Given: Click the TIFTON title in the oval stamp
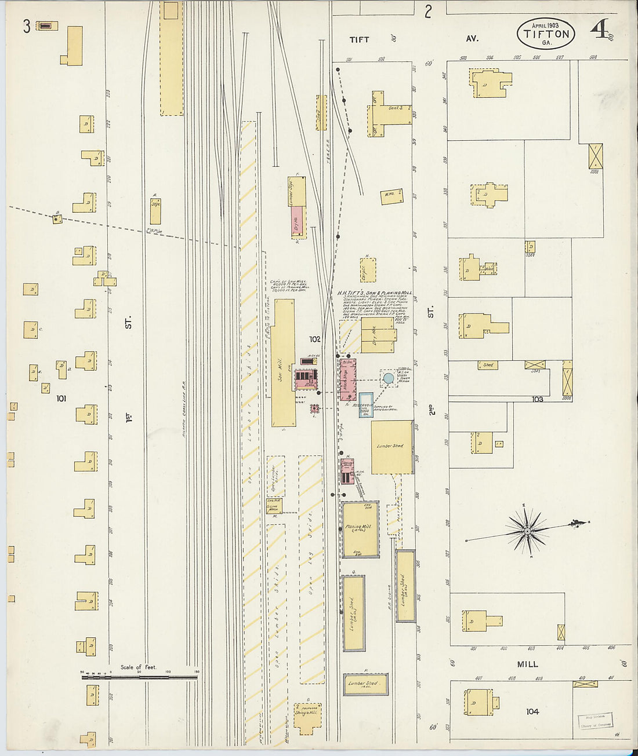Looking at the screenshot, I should [546, 34].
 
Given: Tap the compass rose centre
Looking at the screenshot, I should [527, 531].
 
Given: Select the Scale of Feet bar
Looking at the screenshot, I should [139, 675].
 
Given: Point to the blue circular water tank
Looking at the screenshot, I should [389, 378].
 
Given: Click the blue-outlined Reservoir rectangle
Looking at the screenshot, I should [365, 405].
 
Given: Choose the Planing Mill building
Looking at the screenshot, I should [360, 529].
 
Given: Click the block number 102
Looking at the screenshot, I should [315, 339].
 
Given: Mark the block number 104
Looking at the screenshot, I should [532, 711].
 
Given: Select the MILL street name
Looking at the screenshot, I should [527, 664].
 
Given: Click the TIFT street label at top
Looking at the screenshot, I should [359, 39].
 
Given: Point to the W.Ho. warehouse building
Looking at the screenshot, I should [391, 196].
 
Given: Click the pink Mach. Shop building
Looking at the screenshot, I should [347, 380].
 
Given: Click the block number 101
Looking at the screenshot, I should [61, 399].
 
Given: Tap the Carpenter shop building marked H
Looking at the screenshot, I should [368, 270].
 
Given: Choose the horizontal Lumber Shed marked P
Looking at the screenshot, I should [365, 684].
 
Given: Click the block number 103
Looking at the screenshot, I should [538, 399].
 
